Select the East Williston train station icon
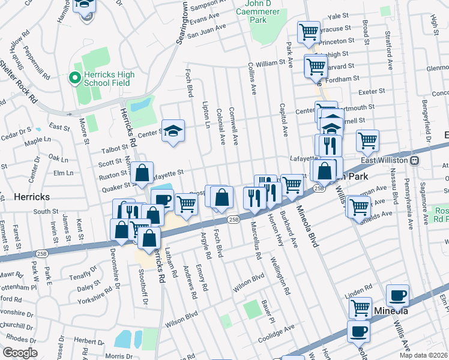414,160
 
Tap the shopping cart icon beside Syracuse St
309,32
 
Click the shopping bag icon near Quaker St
142,173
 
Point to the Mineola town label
391,311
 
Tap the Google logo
20,353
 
